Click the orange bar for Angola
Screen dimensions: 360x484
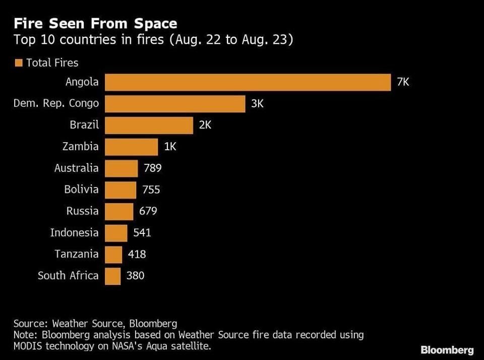point(248,82)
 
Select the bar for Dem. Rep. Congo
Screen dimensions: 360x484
point(174,104)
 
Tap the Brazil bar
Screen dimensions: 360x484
point(149,125)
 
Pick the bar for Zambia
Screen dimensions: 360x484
point(131,147)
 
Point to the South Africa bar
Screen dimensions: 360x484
point(112,276)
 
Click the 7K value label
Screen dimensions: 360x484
point(403,82)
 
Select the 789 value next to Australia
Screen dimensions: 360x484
point(152,168)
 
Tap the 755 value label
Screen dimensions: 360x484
point(151,190)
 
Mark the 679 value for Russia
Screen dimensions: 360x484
point(148,211)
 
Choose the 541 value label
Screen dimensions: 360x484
point(142,233)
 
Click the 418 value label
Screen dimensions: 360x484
point(137,254)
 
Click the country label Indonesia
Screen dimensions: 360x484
point(74,232)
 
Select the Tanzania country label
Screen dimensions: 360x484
point(77,254)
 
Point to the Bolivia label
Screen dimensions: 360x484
point(81,190)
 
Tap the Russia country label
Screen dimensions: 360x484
point(82,211)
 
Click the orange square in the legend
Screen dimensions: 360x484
point(19,63)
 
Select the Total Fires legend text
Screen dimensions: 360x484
point(52,63)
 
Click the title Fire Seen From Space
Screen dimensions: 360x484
point(95,24)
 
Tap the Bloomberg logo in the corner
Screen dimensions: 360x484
point(447,350)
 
